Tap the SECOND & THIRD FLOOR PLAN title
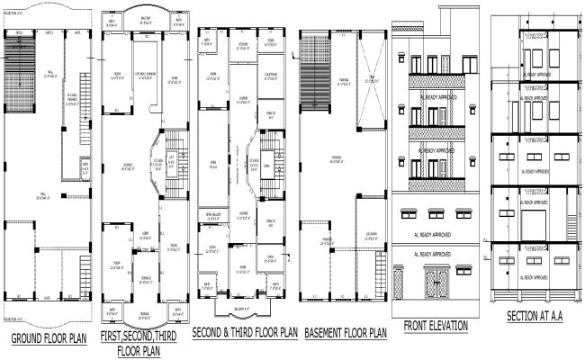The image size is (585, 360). tap(244, 332)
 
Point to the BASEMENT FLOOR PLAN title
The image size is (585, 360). tap(345, 333)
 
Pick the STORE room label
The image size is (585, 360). tap(271, 40)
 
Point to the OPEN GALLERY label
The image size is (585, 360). tap(213, 213)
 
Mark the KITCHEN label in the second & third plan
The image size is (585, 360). tap(242, 43)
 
